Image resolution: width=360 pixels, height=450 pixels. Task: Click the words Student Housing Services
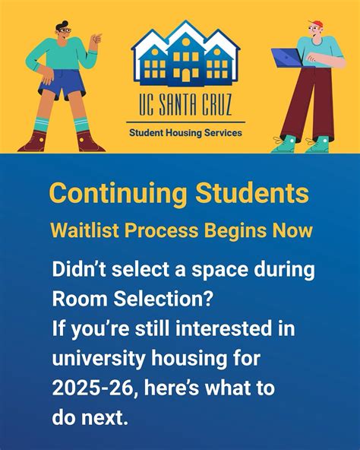coord(185,132)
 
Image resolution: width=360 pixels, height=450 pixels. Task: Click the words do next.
coord(90,418)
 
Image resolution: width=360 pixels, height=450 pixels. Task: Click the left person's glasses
coord(66,30)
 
